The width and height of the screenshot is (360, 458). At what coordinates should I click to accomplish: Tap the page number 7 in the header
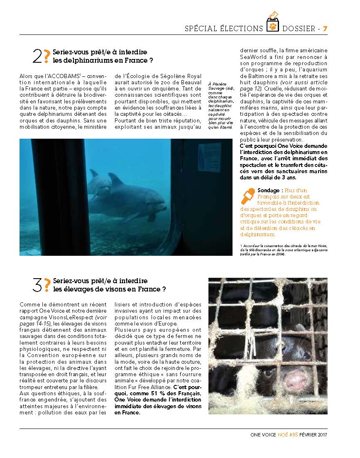pyautogui.click(x=325, y=29)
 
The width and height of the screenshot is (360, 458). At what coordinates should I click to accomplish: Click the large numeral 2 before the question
pyautogui.click(x=37, y=56)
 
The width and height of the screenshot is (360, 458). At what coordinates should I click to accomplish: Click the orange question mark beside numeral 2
pyautogui.click(x=47, y=56)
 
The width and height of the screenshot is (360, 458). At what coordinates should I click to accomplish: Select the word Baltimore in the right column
pyautogui.click(x=262, y=76)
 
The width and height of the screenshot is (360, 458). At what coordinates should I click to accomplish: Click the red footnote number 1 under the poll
pyautogui.click(x=241, y=246)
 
